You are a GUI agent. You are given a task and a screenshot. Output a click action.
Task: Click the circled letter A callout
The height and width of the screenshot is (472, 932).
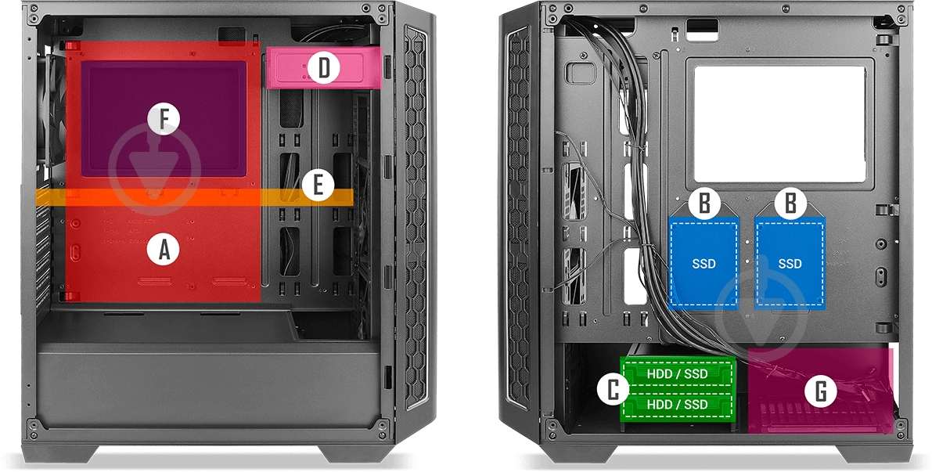point(164,249)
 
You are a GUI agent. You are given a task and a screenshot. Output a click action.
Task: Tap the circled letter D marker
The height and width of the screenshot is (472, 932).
point(323,68)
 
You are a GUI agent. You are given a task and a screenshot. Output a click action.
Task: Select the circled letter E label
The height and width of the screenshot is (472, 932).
point(318,185)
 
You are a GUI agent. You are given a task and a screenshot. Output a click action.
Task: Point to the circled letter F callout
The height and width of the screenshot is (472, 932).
point(164,119)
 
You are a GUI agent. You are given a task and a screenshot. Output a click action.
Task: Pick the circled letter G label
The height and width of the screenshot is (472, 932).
point(821,391)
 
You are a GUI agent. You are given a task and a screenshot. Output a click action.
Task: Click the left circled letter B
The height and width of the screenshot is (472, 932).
point(703,204)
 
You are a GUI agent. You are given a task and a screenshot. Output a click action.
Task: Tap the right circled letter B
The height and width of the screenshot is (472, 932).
point(790,204)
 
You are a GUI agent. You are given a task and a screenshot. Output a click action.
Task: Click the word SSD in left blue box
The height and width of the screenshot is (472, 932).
point(703,263)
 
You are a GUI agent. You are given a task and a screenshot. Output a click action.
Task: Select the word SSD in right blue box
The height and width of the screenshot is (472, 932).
point(790,263)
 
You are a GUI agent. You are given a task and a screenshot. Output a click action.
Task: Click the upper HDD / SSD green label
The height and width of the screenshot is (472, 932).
point(677,374)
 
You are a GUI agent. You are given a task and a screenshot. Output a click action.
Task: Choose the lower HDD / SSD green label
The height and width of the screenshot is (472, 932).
point(677,405)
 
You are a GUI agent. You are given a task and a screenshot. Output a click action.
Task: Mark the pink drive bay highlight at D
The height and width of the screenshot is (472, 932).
point(323,68)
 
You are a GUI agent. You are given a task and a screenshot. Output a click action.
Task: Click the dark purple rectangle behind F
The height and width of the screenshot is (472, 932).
point(164,117)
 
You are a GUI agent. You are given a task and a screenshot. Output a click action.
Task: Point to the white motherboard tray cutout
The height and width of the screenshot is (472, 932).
point(779,124)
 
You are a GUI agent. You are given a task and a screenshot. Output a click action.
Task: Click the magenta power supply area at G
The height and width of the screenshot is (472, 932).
point(821,391)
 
